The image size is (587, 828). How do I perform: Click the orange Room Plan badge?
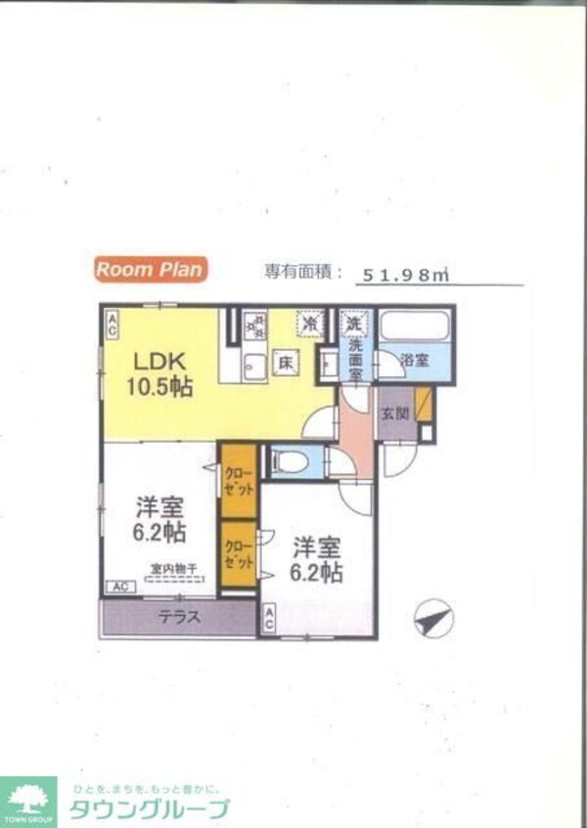click(x=150, y=269)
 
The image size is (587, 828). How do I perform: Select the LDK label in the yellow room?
click(x=159, y=358)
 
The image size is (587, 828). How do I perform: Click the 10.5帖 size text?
click(x=159, y=386)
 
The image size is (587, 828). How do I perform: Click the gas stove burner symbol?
click(x=255, y=325)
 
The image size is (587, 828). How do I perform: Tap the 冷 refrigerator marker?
click(x=311, y=321)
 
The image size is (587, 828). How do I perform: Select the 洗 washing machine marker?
click(x=351, y=321)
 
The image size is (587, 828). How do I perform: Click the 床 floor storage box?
click(x=286, y=361)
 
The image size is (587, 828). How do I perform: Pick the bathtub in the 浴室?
click(x=415, y=326)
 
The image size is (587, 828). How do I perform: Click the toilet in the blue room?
click(x=290, y=461)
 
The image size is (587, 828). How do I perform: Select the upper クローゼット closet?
click(x=238, y=479)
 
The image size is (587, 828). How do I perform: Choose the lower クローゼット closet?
click(x=238, y=554)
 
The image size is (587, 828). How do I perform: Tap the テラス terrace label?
click(x=180, y=617)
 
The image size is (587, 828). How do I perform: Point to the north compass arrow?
click(x=432, y=619)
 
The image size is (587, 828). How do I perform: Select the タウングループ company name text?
click(x=149, y=808)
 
